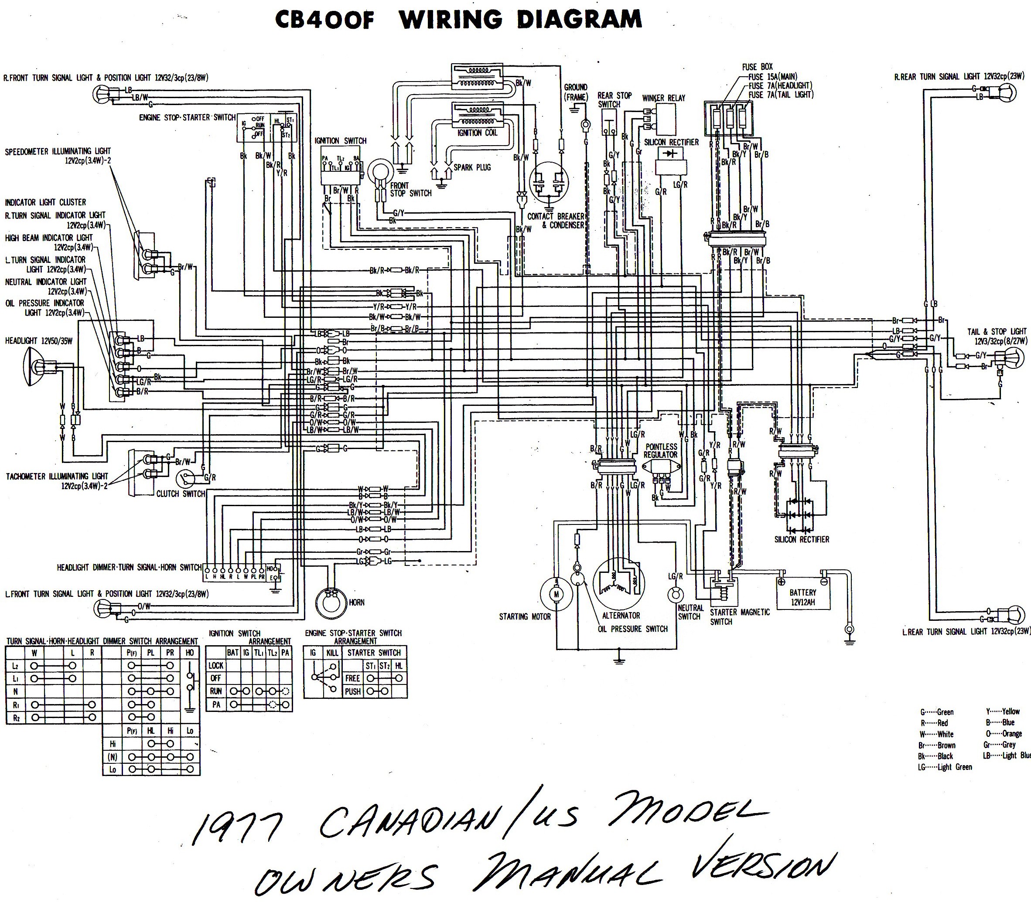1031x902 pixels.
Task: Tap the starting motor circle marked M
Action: coord(556,594)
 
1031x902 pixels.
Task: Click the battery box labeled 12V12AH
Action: coord(802,597)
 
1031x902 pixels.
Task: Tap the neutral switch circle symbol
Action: coord(675,595)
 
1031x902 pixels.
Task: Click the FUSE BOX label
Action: coord(757,66)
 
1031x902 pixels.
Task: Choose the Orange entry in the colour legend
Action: coord(1004,733)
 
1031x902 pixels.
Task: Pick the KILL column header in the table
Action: coord(332,653)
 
